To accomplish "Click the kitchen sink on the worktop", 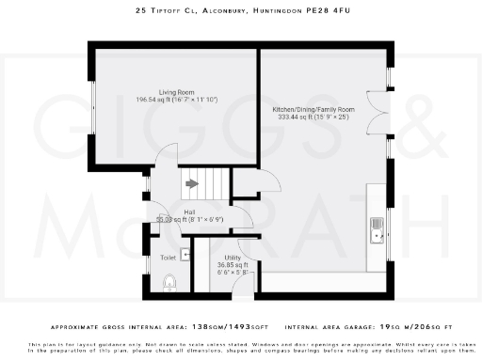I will point(377,228).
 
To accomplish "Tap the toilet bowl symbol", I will point(169,280).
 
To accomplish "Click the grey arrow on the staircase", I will point(192,184).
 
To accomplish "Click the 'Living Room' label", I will point(177,91).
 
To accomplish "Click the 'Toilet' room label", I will point(168,257).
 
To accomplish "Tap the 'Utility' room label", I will point(233,258).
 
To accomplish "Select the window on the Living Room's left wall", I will point(91,109).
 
